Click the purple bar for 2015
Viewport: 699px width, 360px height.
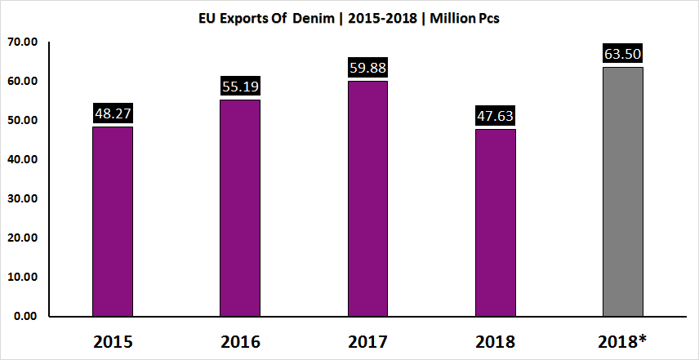click(113, 221)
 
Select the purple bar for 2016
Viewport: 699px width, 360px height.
click(240, 207)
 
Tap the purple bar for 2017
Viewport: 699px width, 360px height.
click(367, 198)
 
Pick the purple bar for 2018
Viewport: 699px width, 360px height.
click(495, 222)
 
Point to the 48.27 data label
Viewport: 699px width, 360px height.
click(113, 115)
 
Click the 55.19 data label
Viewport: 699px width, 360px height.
click(240, 87)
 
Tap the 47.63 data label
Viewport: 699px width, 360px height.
click(495, 117)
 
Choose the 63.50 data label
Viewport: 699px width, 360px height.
click(622, 55)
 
